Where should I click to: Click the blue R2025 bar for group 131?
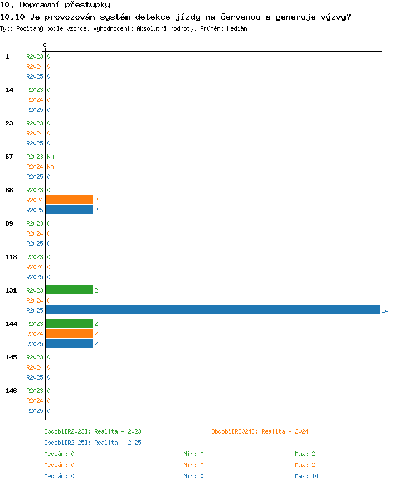pyautogui.click(x=212, y=310)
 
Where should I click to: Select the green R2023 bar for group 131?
pyautogui.click(x=69, y=290)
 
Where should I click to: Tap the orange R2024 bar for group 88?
pyautogui.click(x=69, y=200)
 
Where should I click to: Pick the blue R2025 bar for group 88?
pyautogui.click(x=69, y=210)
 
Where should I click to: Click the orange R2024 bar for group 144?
pyautogui.click(x=69, y=333)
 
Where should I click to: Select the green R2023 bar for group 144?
pyautogui.click(x=69, y=323)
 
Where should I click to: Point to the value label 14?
pyautogui.click(x=385, y=310)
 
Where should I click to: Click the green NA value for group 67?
pyautogui.click(x=50, y=157)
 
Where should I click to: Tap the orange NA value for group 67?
pyautogui.click(x=50, y=167)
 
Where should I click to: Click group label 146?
pyautogui.click(x=11, y=391)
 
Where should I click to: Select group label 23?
pyautogui.click(x=9, y=123)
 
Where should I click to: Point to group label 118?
pyautogui.click(x=11, y=257)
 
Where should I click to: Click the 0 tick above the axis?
pyautogui.click(x=45, y=45)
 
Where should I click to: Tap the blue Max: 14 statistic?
pyautogui.click(x=307, y=476)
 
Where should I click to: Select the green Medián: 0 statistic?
pyautogui.click(x=59, y=454)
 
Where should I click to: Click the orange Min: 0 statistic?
pyautogui.click(x=193, y=465)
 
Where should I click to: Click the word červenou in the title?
pyautogui.click(x=240, y=17)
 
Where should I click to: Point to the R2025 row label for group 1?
pyautogui.click(x=35, y=76)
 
